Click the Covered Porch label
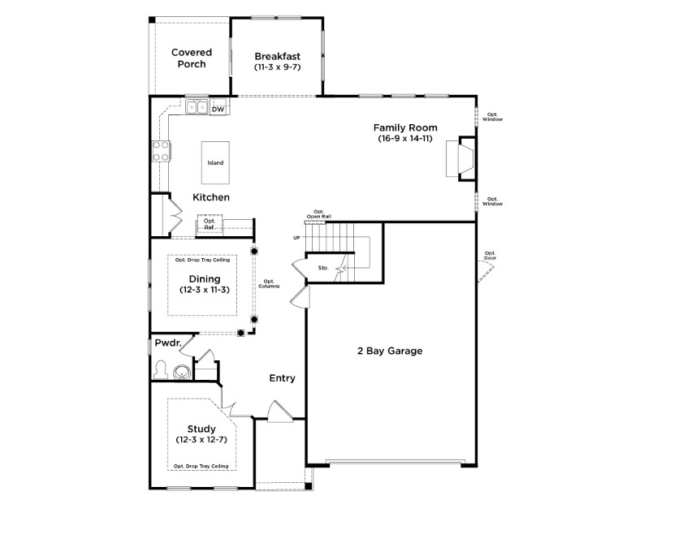(188, 58)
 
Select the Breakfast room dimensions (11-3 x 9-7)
(277, 67)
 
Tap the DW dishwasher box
(218, 108)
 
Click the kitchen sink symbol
(196, 106)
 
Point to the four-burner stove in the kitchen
(160, 151)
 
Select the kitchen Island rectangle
(215, 162)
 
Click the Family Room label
(405, 127)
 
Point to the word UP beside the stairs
(296, 238)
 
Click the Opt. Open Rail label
(318, 214)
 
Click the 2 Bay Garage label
(390, 351)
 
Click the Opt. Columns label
(269, 284)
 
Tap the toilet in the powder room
(161, 370)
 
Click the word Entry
(282, 378)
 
